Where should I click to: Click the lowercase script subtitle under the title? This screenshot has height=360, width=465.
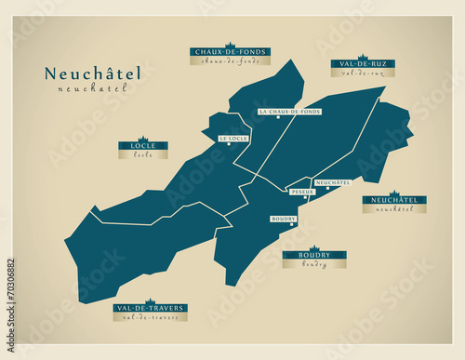pyautogui.click(x=90, y=89)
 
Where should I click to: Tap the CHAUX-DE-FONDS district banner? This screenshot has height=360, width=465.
pyautogui.click(x=230, y=52)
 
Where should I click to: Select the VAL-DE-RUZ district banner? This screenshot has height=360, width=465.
pyautogui.click(x=362, y=64)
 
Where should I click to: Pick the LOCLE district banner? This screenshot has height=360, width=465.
pyautogui.click(x=143, y=147)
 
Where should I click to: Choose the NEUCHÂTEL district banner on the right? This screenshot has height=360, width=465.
pyautogui.click(x=394, y=200)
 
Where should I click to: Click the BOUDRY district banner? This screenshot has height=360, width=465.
pyautogui.click(x=314, y=255)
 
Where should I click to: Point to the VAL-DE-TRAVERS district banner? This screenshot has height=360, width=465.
pyautogui.click(x=150, y=308)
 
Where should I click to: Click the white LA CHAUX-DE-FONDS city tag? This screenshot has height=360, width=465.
pyautogui.click(x=290, y=112)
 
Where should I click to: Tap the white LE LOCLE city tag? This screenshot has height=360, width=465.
pyautogui.click(x=233, y=139)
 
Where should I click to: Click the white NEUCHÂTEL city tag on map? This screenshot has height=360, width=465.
pyautogui.click(x=333, y=182)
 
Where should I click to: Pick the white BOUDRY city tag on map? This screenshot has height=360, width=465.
pyautogui.click(x=284, y=219)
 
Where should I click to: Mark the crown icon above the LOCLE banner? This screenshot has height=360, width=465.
pyautogui.click(x=143, y=139)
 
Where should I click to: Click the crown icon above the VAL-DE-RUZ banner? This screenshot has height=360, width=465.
pyautogui.click(x=362, y=56)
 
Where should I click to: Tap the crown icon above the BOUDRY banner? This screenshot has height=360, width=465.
pyautogui.click(x=314, y=247)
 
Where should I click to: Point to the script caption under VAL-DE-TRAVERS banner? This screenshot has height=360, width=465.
pyautogui.click(x=150, y=317)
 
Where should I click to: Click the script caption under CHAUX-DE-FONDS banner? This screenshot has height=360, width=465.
pyautogui.click(x=230, y=61)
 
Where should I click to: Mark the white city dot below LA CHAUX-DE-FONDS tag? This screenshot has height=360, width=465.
pyautogui.click(x=277, y=119)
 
